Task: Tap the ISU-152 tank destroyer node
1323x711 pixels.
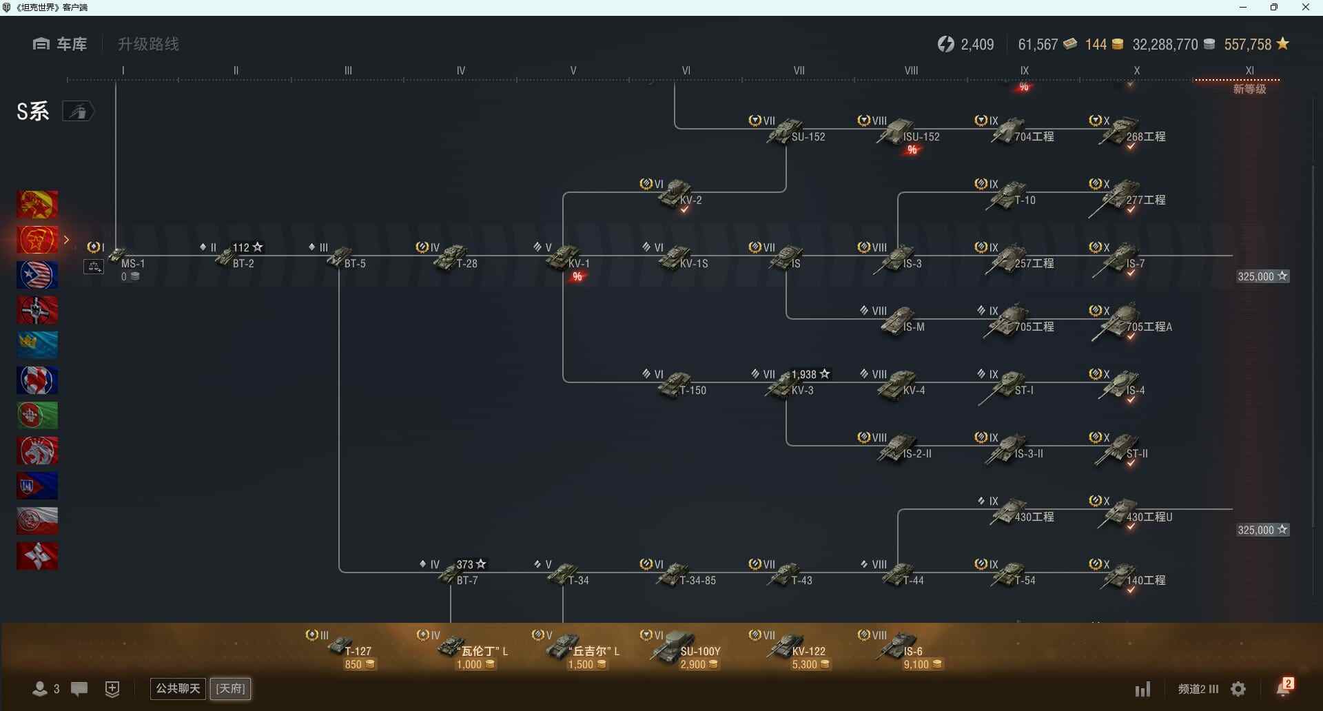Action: tap(903, 132)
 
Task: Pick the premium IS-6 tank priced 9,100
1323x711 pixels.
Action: tap(903, 650)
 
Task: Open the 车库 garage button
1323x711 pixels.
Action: tap(60, 44)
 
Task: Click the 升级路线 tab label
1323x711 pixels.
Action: tap(148, 44)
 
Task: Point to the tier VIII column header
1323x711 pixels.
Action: tap(911, 70)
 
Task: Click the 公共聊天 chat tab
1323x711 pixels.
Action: tap(178, 688)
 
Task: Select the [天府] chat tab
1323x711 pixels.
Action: tap(230, 688)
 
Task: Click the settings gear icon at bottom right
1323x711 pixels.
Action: tap(1238, 689)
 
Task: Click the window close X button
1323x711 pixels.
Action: tap(1305, 8)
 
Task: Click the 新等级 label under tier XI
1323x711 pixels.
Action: tap(1249, 90)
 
